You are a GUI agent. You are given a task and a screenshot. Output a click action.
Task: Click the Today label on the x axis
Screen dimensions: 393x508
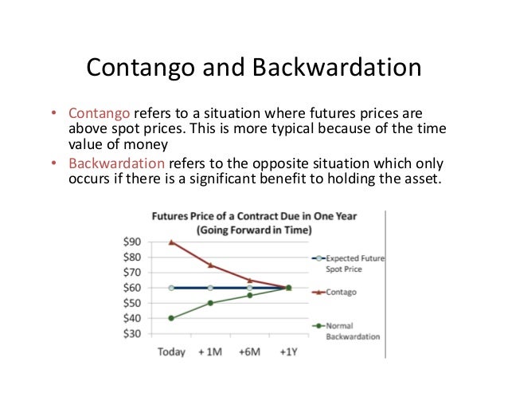click(171, 352)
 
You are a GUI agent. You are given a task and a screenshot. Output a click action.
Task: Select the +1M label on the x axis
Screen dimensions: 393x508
click(211, 352)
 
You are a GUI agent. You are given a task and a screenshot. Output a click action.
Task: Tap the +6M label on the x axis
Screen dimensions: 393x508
click(249, 352)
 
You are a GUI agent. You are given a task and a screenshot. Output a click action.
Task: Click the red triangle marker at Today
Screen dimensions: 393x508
click(172, 242)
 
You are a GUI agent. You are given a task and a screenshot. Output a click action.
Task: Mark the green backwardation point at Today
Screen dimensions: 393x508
click(172, 318)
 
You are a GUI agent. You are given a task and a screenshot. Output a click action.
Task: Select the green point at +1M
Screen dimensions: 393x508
click(211, 303)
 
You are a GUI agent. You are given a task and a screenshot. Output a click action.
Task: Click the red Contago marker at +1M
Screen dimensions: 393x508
click(211, 265)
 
